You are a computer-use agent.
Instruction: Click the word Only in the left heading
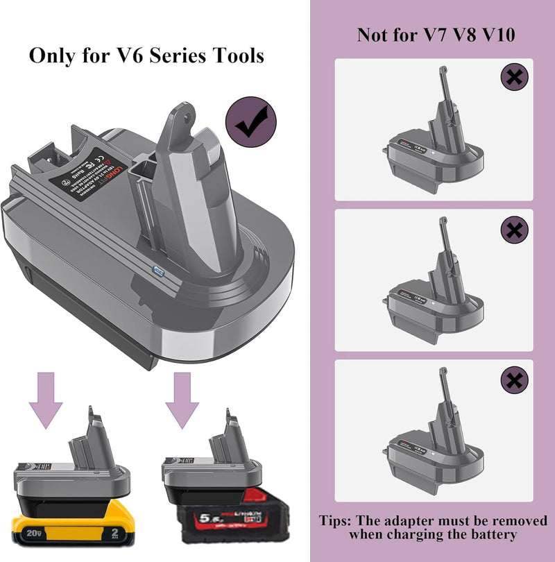(x=51, y=56)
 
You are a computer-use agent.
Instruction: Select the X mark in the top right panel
(x=513, y=78)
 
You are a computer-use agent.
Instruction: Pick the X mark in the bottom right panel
(x=513, y=379)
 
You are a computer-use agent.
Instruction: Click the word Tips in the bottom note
(x=338, y=520)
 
